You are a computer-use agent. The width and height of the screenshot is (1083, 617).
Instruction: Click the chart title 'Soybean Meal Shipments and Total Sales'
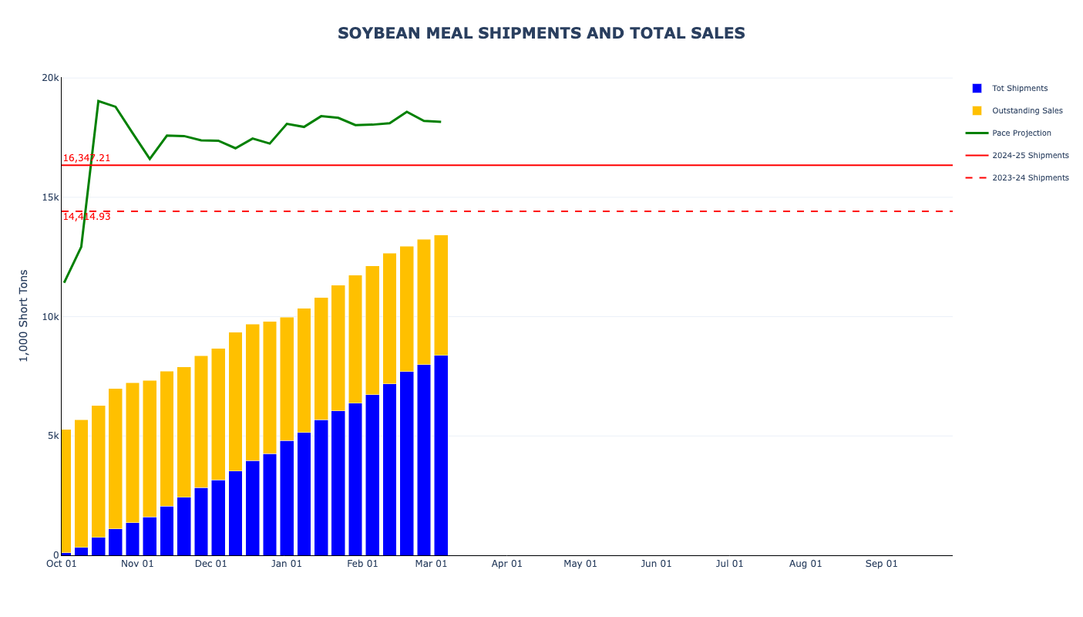541,33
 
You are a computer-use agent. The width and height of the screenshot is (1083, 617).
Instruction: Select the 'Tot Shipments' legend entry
1019,89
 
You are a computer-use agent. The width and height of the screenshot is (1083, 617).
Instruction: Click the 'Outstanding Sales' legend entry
1027,111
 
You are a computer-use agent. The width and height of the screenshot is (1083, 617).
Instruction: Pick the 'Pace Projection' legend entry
1021,133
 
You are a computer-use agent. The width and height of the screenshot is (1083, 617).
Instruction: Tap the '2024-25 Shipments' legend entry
1030,156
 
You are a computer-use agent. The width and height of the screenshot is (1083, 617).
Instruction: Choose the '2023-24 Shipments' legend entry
1030,178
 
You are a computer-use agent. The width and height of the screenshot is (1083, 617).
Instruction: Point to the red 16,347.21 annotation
86,158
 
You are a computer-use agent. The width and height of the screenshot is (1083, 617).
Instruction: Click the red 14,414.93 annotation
86,217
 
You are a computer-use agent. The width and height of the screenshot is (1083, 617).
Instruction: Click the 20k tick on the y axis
50,78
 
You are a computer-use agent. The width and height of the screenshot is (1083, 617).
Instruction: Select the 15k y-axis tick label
50,197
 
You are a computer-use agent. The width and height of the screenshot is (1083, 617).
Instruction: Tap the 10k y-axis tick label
50,317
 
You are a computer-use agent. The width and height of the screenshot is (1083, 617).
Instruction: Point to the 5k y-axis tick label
52,436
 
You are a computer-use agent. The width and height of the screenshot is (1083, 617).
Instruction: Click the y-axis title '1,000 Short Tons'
24,315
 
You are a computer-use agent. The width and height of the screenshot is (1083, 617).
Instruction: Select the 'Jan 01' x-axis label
287,564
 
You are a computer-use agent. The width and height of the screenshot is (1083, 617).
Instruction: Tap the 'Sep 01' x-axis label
881,564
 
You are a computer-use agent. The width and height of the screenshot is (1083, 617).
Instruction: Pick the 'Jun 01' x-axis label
656,564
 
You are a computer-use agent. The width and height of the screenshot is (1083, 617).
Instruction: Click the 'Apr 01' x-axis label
506,564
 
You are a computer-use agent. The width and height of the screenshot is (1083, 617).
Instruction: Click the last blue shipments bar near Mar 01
441,455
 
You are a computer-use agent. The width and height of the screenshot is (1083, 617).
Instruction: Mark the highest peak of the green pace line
99,101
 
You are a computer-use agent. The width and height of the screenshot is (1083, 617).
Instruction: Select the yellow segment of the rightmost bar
441,295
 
